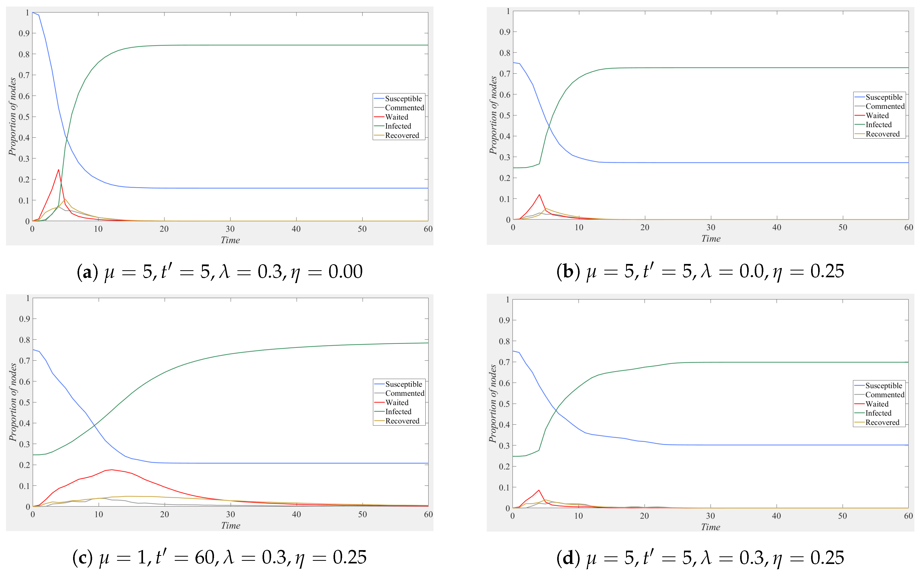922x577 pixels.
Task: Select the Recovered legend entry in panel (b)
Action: pos(882,134)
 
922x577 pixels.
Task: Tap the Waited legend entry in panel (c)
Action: pos(397,403)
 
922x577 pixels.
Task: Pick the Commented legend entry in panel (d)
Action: pos(884,395)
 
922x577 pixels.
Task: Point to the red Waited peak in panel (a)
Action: pos(58,170)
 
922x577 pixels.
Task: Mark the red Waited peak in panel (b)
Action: pos(539,195)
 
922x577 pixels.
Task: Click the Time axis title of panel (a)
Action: pos(230,240)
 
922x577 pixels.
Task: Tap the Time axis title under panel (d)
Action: pos(710,527)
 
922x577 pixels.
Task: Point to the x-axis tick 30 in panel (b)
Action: pos(711,227)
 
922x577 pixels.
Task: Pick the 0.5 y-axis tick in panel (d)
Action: pos(504,404)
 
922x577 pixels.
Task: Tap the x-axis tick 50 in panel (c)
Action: pos(362,514)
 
